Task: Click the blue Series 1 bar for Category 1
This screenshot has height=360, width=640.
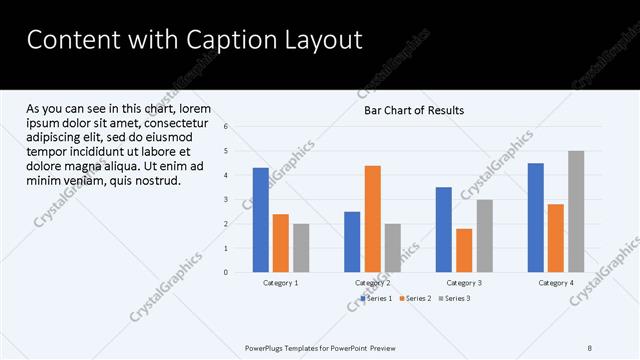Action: pyautogui.click(x=261, y=220)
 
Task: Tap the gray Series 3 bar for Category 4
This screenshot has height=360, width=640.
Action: pyautogui.click(x=576, y=212)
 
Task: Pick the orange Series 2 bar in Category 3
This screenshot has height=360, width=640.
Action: pyautogui.click(x=464, y=250)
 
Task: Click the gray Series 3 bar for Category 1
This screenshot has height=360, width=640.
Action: pyautogui.click(x=301, y=248)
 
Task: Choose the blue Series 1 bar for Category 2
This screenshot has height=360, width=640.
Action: pyautogui.click(x=352, y=242)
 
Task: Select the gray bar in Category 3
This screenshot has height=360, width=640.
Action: pyautogui.click(x=484, y=236)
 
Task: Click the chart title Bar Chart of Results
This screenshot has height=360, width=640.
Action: pyautogui.click(x=413, y=111)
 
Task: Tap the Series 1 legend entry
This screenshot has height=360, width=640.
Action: pyautogui.click(x=376, y=298)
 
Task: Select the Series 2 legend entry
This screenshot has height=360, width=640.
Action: pyautogui.click(x=415, y=298)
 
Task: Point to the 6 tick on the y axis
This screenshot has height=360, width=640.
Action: pyautogui.click(x=227, y=127)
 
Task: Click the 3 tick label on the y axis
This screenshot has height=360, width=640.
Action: pyautogui.click(x=227, y=200)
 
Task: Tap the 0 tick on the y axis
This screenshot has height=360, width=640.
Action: pyautogui.click(x=227, y=272)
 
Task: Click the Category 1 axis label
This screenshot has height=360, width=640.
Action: pyautogui.click(x=281, y=283)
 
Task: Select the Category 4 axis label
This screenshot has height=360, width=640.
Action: pyautogui.click(x=557, y=283)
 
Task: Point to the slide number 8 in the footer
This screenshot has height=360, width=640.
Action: pyautogui.click(x=589, y=348)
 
